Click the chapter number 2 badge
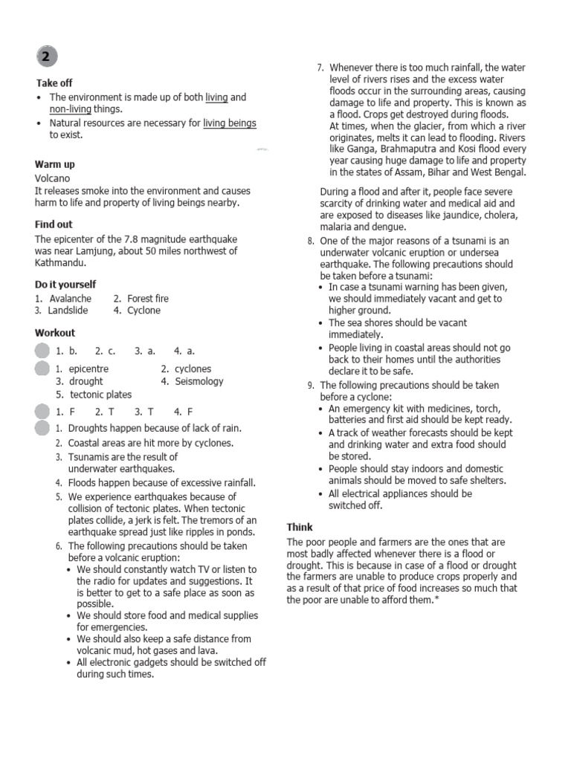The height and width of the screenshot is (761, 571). coord(45,57)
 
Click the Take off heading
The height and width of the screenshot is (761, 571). coord(54,83)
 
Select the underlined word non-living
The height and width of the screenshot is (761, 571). coord(70,109)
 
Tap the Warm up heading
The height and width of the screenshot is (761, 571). coord(54,164)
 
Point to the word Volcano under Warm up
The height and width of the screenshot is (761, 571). coord(52,178)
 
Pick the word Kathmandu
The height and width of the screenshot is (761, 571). coord(60,262)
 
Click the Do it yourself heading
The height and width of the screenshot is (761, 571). coord(65,285)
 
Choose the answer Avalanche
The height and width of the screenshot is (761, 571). coord(71,299)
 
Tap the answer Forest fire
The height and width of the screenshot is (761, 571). coord(148,299)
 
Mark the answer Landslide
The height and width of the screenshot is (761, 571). coord(68,311)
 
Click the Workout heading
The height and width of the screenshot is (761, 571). coord(54,333)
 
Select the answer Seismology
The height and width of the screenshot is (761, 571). coord(199,381)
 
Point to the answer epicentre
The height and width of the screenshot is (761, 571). coord(88,369)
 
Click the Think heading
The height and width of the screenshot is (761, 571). coord(300,527)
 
